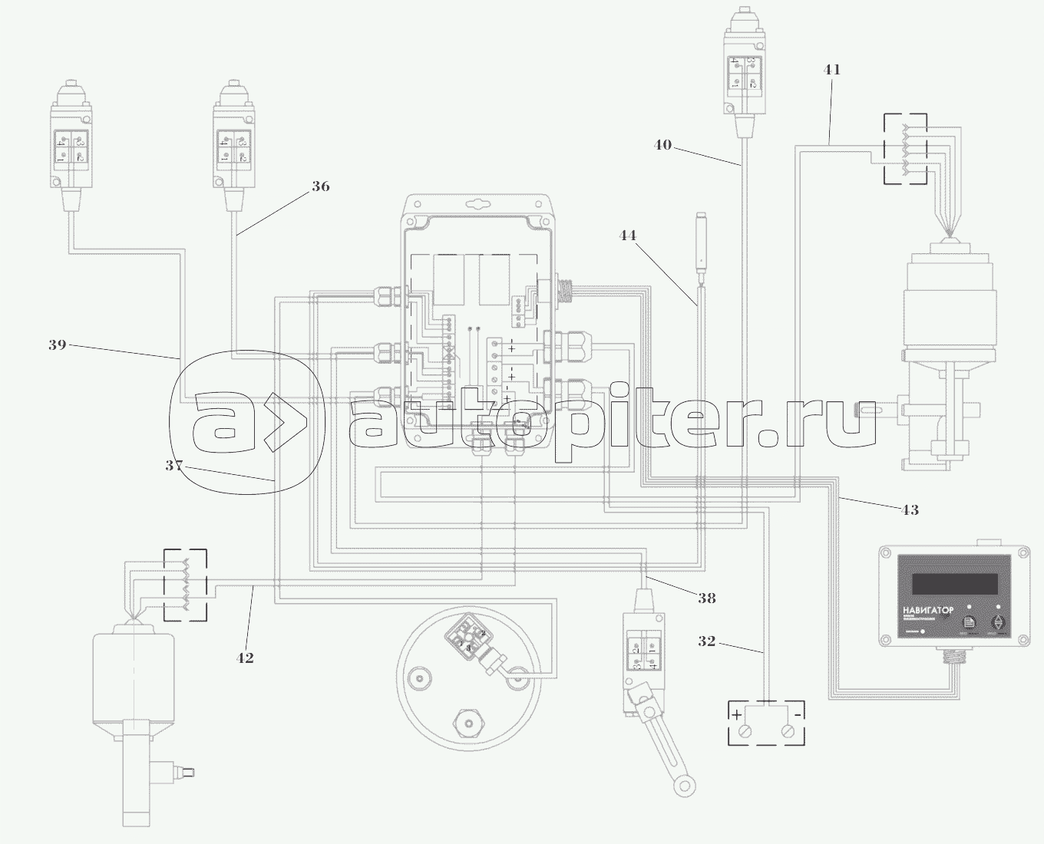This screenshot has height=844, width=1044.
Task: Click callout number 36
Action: [321, 186]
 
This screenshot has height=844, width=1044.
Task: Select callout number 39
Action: [58, 345]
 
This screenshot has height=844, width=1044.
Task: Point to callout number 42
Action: [245, 658]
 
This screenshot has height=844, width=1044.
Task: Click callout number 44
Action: [628, 236]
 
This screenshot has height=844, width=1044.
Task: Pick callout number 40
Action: [662, 143]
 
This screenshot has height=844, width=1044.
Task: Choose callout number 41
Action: [832, 70]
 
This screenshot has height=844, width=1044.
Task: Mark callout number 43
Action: [909, 509]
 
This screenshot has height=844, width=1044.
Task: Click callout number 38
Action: [707, 598]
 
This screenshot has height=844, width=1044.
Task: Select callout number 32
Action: [707, 641]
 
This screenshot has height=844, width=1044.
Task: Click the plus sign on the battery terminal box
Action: [737, 714]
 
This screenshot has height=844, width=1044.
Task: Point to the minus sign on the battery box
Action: [798, 714]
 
